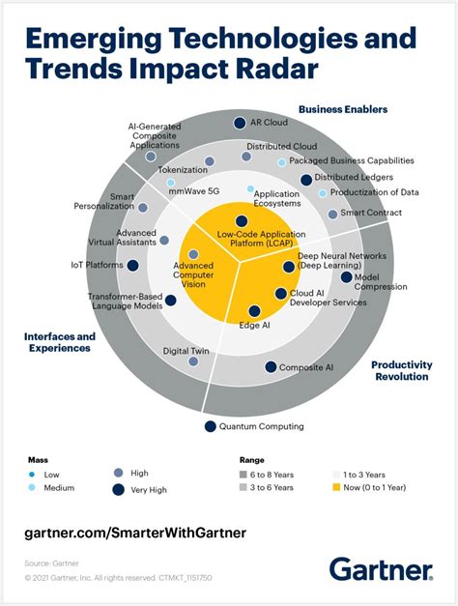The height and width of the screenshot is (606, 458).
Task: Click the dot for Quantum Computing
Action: pyautogui.click(x=210, y=426)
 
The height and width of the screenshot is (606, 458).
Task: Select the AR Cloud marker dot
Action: pyautogui.click(x=241, y=123)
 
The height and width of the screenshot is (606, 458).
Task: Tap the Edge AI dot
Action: pyautogui.click(x=254, y=311)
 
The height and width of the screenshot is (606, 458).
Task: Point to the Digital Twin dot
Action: pyautogui.click(x=193, y=361)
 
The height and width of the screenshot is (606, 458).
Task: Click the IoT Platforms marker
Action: pyautogui.click(x=132, y=265)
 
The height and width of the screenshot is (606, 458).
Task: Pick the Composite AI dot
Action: pyautogui.click(x=270, y=367)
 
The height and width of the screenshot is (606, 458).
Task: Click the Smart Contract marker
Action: pyautogui.click(x=332, y=214)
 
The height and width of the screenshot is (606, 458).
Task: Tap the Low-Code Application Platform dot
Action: pyautogui.click(x=242, y=221)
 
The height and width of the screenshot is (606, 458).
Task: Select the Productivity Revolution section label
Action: pyautogui.click(x=401, y=370)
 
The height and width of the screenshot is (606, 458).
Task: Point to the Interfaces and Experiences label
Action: pyautogui.click(x=58, y=342)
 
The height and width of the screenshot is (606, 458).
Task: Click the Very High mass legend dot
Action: pyautogui.click(x=118, y=490)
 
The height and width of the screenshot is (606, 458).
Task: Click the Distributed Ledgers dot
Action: pyautogui.click(x=306, y=180)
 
